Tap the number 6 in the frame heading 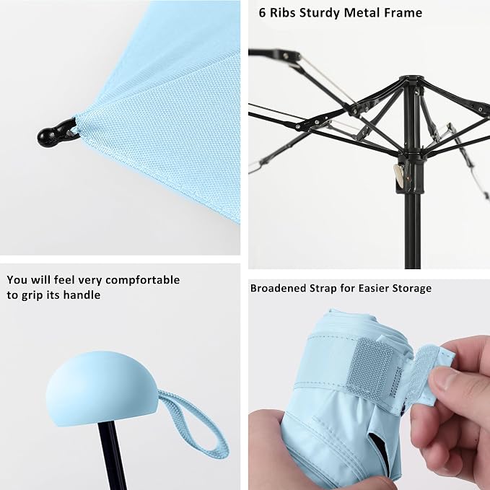click(263, 13)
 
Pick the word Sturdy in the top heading click(320, 14)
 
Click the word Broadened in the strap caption click(278, 288)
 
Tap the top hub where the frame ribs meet click(411, 81)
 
